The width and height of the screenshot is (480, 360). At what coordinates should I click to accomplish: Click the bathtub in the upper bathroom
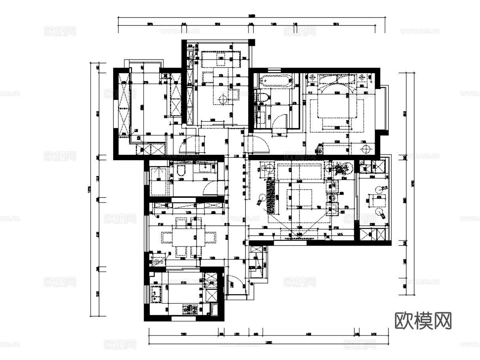pos(276,80)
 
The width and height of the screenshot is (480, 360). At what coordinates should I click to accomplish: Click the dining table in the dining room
pos(188,237)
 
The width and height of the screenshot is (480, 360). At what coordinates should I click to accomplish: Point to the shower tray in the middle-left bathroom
pos(159,181)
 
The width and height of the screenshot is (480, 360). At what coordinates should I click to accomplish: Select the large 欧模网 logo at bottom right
pos(423,320)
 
